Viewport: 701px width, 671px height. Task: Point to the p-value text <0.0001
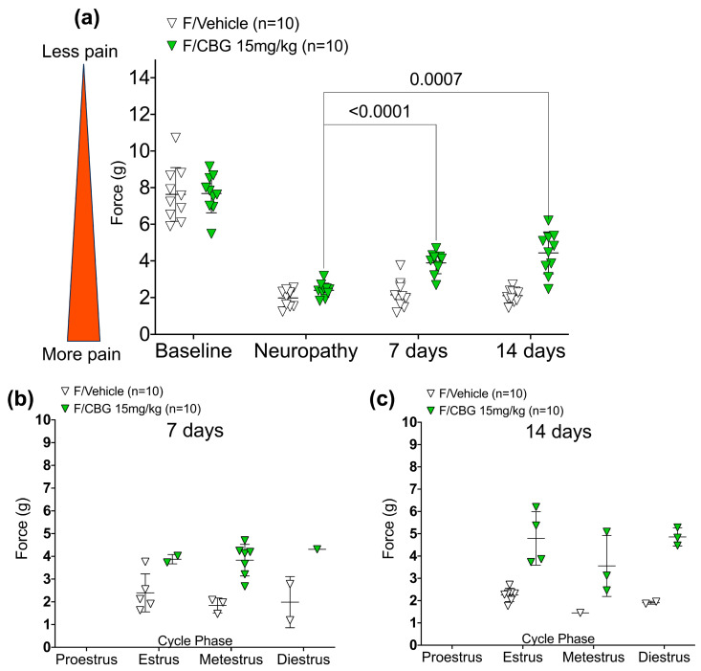click(x=380, y=111)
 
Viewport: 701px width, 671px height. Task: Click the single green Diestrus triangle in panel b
click(x=314, y=548)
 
